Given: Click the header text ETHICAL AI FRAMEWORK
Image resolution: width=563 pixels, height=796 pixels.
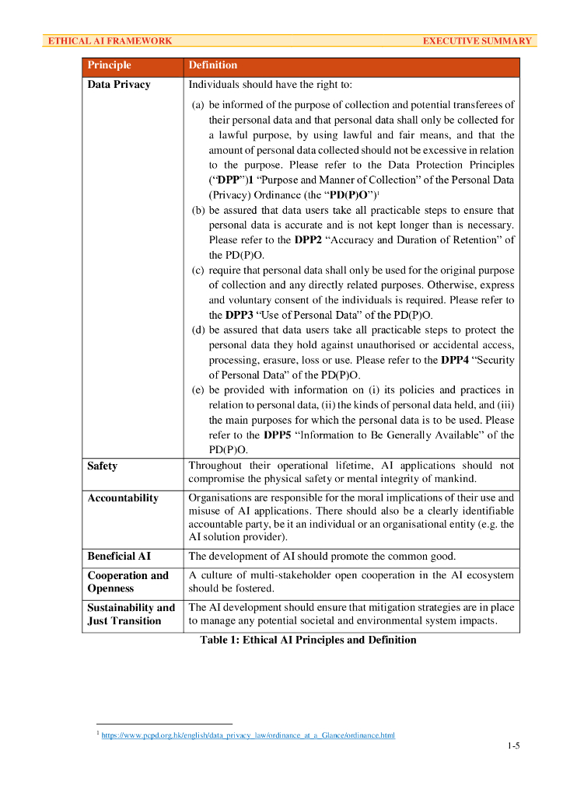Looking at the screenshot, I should pos(110,41).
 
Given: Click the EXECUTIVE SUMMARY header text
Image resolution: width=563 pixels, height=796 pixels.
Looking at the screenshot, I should pos(477,41).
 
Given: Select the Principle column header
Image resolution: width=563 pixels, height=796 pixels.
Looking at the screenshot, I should pos(110,65).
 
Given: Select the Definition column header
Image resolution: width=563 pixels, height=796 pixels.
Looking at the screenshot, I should pos(213,65).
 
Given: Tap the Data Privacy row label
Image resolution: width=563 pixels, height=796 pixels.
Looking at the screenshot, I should pos(119,84).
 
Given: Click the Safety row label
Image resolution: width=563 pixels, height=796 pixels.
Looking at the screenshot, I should pos(103,466).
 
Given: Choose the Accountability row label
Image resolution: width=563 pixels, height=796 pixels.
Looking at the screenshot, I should pos(123,497).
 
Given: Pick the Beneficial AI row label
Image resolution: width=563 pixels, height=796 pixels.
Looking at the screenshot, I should pos(119,557).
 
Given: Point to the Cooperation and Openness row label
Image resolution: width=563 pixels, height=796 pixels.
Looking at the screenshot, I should pos(128,582).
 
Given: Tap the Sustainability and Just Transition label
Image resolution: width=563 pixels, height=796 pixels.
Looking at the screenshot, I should pos(131,614).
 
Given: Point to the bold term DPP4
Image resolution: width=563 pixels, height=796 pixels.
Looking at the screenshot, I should pos(454,361).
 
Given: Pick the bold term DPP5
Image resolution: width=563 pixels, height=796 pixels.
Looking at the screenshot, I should pos(278,435).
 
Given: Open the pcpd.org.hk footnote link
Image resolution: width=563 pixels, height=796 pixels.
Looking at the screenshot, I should pos(248,735).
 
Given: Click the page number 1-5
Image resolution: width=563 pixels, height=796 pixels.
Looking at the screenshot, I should pos(512,746).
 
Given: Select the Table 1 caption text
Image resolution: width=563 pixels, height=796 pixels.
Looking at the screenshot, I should pos(308,641).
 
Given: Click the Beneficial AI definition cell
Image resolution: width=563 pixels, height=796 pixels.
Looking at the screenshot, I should pos(322,557).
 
